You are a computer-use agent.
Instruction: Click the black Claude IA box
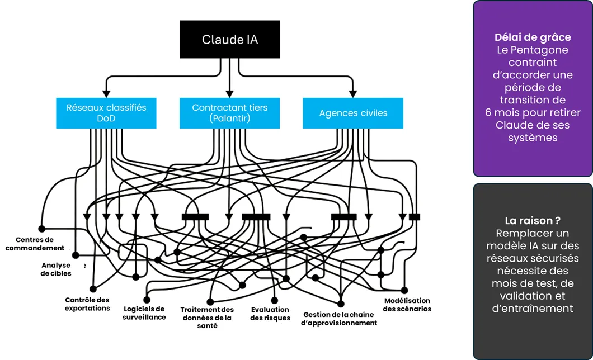229,40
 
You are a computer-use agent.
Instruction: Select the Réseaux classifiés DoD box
106,113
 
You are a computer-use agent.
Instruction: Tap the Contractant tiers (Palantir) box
229,113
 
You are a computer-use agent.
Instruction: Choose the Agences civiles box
353,113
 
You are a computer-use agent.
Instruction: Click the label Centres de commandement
35,244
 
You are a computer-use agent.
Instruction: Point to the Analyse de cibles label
56,269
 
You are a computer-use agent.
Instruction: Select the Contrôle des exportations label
87,304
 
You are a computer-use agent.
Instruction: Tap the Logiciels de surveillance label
144,312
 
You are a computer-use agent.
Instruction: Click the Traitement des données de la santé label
207,318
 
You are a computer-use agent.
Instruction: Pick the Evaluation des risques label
270,314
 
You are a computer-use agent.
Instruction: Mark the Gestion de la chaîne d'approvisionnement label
340,319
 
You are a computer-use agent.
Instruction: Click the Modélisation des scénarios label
407,305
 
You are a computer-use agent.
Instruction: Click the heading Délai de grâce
533,37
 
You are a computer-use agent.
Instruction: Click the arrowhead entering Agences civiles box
353,94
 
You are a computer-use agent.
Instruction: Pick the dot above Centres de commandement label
41,228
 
